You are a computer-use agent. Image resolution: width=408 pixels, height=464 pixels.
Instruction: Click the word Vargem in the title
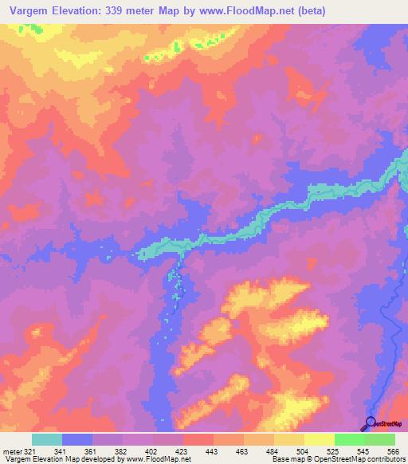click(31, 12)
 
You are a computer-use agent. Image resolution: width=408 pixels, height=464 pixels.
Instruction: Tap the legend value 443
click(214, 450)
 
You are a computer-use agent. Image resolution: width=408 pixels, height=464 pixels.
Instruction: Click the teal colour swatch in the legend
click(47, 439)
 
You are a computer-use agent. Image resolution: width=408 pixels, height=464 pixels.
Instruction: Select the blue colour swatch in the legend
click(77, 439)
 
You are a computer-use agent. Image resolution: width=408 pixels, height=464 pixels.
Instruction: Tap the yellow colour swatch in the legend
click(319, 439)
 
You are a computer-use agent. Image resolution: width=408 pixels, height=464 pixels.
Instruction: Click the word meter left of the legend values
click(12, 450)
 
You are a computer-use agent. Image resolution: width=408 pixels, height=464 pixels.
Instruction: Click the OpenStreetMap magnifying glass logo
click(370, 423)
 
